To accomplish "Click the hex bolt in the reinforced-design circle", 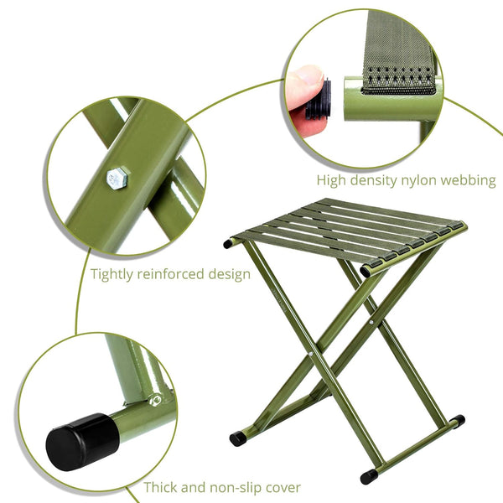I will point(117,178).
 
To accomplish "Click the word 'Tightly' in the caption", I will point(117,274).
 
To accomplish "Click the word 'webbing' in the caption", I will point(469,180).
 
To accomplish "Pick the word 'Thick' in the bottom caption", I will point(162,487).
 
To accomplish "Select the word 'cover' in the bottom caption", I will point(283,487).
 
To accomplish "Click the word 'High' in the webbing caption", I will point(333,180).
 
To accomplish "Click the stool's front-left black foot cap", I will point(238,438).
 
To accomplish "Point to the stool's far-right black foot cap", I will point(457,419).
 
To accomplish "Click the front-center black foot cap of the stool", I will point(369,475).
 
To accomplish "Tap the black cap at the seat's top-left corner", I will point(229,244).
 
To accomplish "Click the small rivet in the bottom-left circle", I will point(156,400).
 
